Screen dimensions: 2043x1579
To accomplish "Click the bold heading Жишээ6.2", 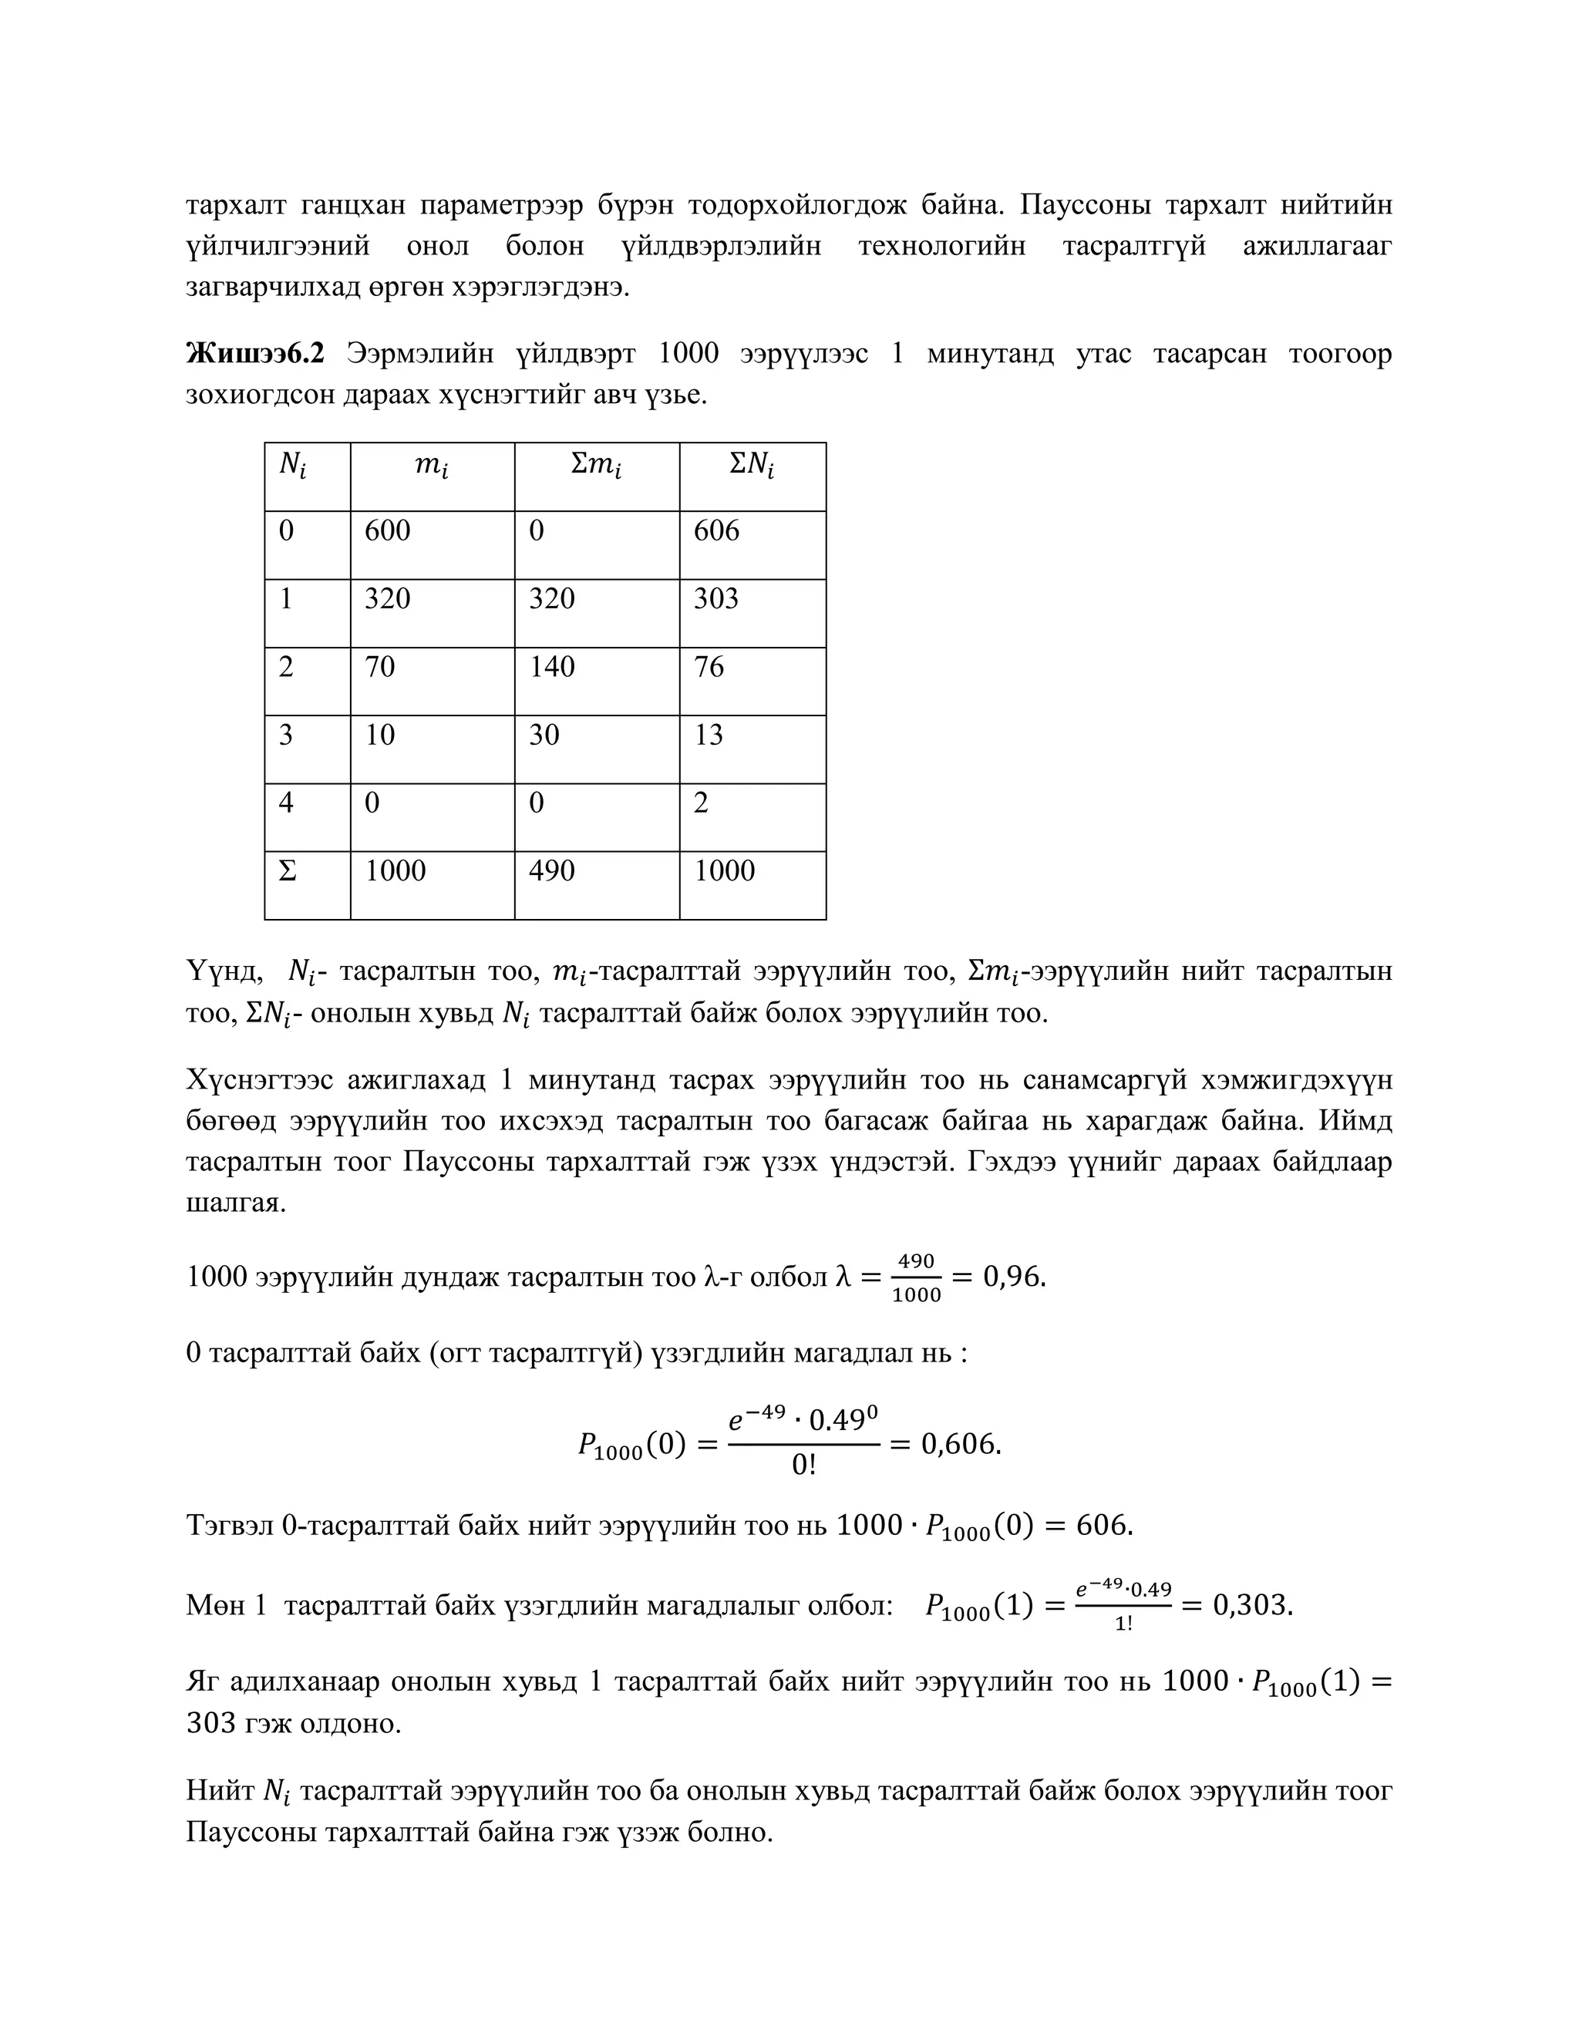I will [x=255, y=355].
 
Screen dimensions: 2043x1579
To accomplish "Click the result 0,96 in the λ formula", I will [x=1014, y=1277].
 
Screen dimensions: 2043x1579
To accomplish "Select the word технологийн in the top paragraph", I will [x=941, y=247].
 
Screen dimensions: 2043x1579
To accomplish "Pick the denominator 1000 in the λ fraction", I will [x=916, y=1296].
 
